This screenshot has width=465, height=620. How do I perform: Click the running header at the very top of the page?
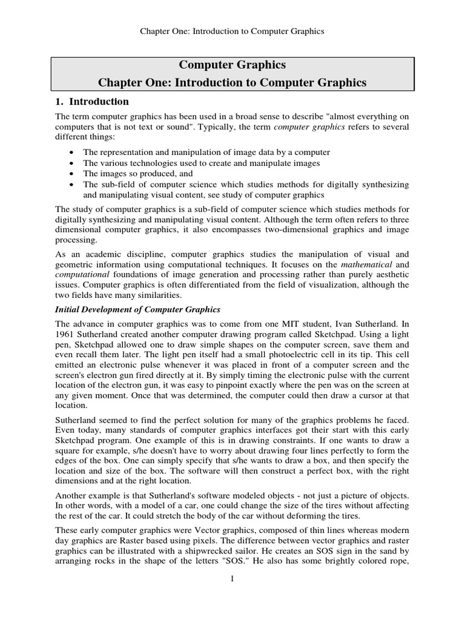(232, 31)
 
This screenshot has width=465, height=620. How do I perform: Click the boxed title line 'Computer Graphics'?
(232, 65)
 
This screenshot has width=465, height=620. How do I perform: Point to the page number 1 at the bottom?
(232, 579)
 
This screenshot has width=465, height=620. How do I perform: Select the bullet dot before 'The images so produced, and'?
(73, 174)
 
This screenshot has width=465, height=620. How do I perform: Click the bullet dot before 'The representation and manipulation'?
(73, 152)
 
